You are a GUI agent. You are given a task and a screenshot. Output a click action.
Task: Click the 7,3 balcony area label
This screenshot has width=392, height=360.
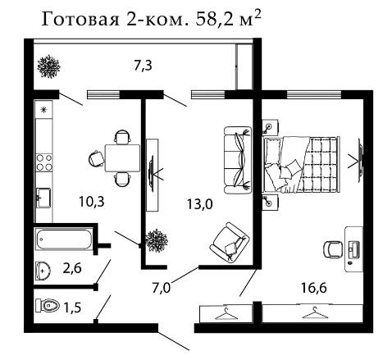(143, 66)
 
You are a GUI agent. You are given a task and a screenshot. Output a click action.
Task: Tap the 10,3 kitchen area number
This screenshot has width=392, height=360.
(92, 202)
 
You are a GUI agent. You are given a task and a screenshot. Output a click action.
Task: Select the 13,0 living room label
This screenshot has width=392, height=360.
(200, 204)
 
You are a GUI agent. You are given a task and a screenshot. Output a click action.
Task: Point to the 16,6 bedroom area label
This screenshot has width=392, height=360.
(314, 288)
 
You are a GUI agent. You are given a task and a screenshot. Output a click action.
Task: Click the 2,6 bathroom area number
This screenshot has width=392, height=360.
(72, 268)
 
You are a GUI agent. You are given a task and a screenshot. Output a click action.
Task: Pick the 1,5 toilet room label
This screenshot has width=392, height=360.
(72, 308)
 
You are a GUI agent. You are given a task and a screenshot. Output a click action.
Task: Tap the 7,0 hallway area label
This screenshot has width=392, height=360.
(162, 288)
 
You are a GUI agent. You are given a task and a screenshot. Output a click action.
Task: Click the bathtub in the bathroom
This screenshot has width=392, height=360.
(63, 239)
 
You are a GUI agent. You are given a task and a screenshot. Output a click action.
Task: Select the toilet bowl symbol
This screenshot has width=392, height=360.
(48, 305)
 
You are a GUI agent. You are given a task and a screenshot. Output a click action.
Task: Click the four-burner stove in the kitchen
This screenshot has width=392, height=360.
(44, 162)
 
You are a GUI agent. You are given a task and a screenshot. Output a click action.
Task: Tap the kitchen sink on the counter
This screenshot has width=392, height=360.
(43, 198)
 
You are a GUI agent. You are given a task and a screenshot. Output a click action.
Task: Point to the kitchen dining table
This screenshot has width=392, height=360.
(122, 158)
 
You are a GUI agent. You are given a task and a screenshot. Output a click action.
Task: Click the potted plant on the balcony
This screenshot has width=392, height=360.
(48, 66)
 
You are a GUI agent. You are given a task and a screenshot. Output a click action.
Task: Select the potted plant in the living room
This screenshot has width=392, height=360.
(157, 241)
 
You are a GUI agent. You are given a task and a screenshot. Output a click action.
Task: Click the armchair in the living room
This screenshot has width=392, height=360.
(230, 243)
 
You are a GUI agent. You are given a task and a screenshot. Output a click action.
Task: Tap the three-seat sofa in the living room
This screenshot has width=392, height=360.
(238, 160)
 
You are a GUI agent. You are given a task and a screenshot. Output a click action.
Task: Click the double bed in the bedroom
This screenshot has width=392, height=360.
(302, 164)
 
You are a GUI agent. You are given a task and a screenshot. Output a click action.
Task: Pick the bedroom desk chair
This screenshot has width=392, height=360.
(332, 249)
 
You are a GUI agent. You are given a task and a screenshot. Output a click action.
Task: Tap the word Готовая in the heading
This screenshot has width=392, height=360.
(80, 20)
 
